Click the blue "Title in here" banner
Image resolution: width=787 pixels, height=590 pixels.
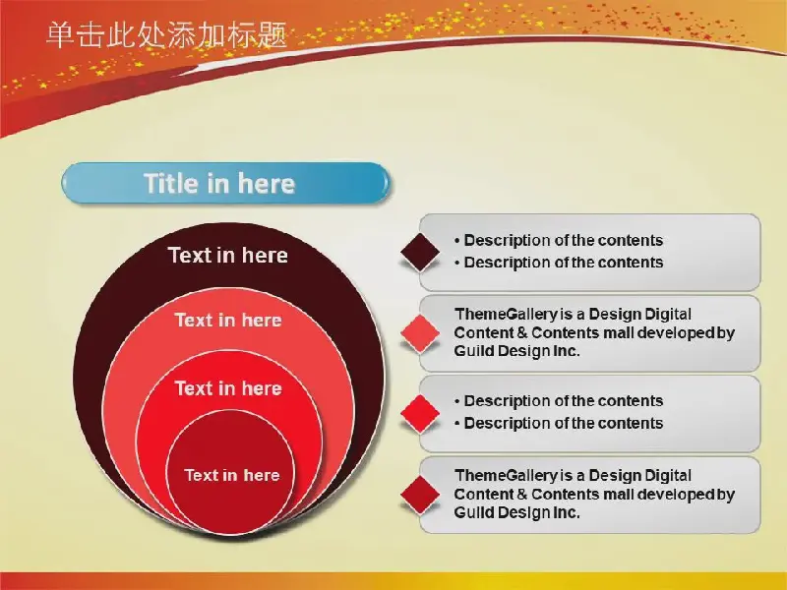tap(225, 183)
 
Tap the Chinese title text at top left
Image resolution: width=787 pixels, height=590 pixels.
tap(166, 35)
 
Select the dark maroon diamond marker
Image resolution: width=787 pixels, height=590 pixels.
tap(421, 253)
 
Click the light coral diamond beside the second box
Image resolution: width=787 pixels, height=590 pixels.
tap(421, 333)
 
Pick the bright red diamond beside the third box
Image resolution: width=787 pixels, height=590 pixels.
tap(421, 414)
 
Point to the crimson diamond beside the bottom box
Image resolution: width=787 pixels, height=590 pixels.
tap(421, 495)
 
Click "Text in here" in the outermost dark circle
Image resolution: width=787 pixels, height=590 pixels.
tap(228, 256)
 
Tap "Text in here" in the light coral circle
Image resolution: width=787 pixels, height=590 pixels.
tap(228, 321)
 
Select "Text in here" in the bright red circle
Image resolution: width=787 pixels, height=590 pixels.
tap(228, 388)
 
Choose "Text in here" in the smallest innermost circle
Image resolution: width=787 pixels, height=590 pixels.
tap(232, 475)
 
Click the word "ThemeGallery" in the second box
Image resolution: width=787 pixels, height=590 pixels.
tap(506, 315)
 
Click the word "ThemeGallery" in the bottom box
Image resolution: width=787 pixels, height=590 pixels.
tap(506, 476)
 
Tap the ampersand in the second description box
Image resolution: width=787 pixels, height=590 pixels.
tap(521, 333)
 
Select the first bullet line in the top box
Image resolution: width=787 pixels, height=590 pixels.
tap(559, 240)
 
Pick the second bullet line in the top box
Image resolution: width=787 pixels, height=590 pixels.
tap(559, 263)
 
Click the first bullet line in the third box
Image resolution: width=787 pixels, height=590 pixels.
tap(559, 401)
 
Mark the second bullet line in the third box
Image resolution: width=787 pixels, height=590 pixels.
tap(559, 424)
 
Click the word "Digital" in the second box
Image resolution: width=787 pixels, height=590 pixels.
tap(668, 315)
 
